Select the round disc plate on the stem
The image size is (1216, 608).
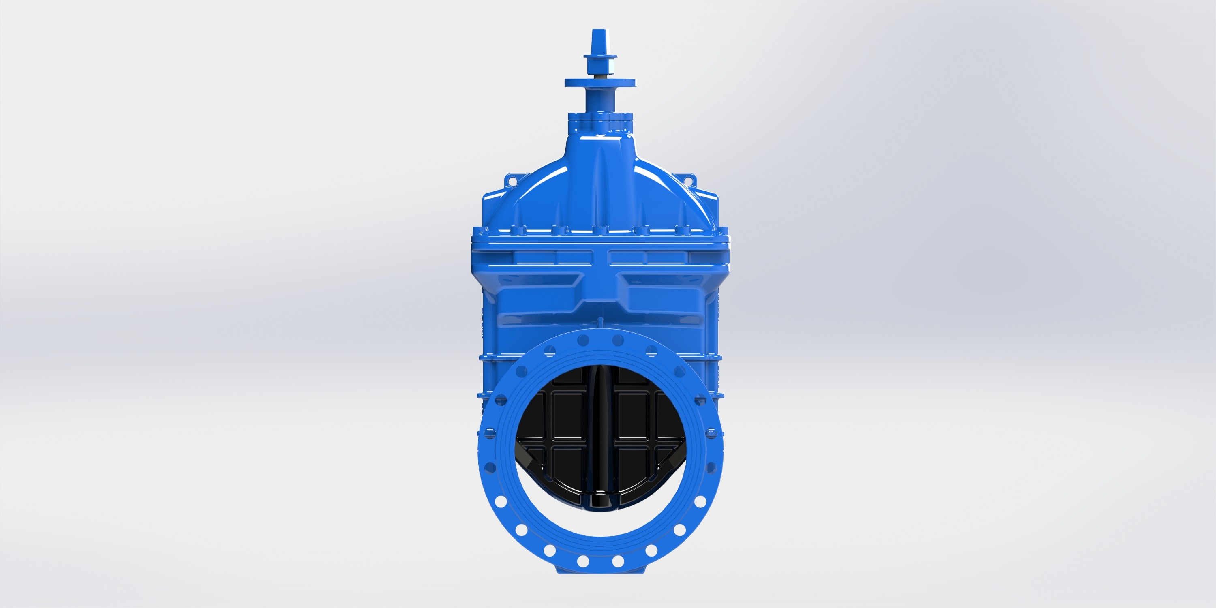[x=600, y=83]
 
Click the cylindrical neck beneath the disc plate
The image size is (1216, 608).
[x=600, y=100]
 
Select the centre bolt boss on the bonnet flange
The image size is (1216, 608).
[x=600, y=231]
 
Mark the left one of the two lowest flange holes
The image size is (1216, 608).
[x=583, y=561]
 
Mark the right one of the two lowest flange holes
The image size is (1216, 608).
[x=618, y=561]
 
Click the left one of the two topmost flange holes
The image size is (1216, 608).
[x=583, y=339]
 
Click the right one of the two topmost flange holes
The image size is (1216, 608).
[x=618, y=339]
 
